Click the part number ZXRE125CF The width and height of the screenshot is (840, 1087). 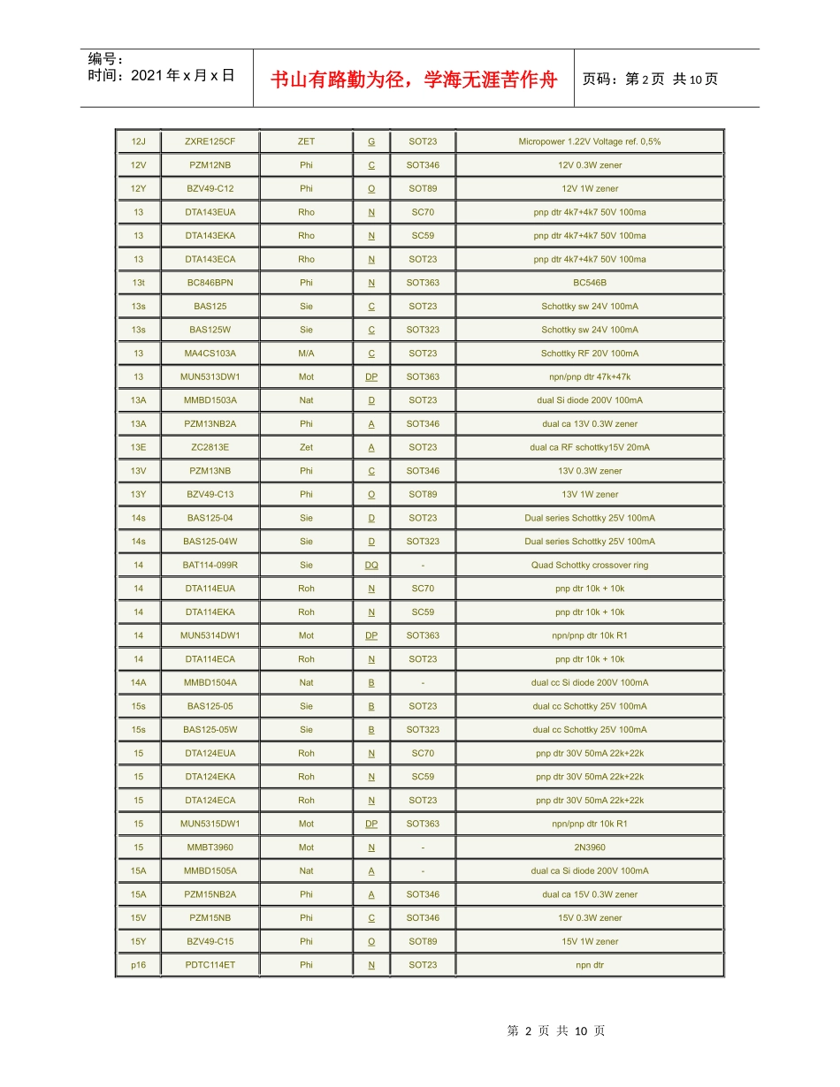[x=210, y=141]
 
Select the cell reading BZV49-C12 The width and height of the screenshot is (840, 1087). [x=210, y=188]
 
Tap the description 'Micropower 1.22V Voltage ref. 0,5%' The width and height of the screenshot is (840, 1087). [x=590, y=141]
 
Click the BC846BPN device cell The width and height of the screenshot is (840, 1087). [x=210, y=283]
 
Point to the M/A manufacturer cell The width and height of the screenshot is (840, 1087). [x=306, y=353]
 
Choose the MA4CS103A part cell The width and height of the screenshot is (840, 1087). [x=210, y=353]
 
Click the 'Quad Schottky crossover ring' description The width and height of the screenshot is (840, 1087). [x=590, y=565]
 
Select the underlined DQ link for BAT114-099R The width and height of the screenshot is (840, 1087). [x=371, y=565]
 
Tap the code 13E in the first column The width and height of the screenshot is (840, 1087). [x=138, y=447]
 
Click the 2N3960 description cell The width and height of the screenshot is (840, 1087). [x=590, y=848]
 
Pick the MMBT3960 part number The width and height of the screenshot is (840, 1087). [x=210, y=848]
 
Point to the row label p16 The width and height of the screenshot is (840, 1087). [x=138, y=965]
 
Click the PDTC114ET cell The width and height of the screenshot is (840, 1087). [x=210, y=965]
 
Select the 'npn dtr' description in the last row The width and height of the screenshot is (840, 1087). [x=590, y=965]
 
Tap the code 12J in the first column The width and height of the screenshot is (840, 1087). [x=138, y=141]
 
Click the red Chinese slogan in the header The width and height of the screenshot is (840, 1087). [x=414, y=80]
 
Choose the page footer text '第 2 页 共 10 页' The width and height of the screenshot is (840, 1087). [x=556, y=1030]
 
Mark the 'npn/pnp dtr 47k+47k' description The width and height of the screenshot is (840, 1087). [x=590, y=376]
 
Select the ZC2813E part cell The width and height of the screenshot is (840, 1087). [x=210, y=447]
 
